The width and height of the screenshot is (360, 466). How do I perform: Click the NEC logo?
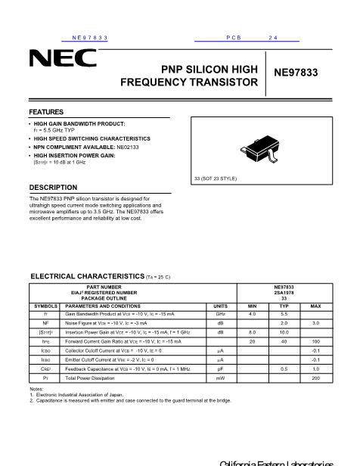(x=63, y=58)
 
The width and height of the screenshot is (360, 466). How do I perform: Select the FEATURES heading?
(x=46, y=112)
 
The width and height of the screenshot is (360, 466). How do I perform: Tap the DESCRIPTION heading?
(x=53, y=187)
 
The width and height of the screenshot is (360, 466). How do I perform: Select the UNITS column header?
(x=220, y=306)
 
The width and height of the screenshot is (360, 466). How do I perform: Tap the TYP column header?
(x=284, y=306)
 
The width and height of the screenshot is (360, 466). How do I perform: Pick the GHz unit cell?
(x=220, y=313)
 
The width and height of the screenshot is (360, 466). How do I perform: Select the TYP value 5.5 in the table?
(x=284, y=313)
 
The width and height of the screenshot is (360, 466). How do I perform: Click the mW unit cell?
(x=220, y=377)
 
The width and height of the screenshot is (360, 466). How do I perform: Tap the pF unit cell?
(x=220, y=368)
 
